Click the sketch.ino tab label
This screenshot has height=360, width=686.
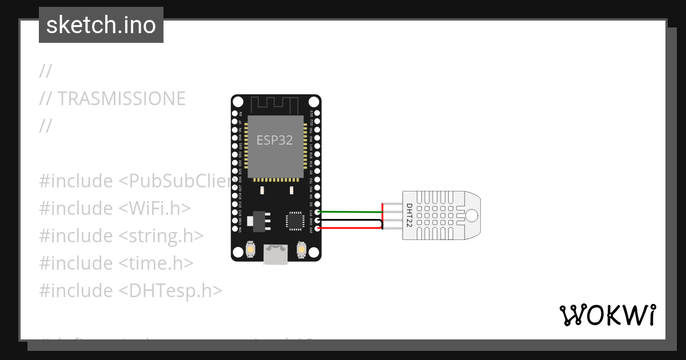click(101, 25)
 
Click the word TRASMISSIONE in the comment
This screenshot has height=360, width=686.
click(121, 99)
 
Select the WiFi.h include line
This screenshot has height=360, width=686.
click(115, 208)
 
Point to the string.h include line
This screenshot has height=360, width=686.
click(121, 235)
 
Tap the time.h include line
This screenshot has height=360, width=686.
click(116, 263)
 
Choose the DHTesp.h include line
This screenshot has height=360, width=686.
click(130, 290)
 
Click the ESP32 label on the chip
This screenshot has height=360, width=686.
click(274, 140)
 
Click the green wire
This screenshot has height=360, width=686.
click(349, 212)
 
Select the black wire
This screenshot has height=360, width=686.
click(349, 220)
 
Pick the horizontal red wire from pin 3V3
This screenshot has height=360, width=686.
click(349, 229)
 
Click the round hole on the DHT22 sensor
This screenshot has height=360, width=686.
click(472, 215)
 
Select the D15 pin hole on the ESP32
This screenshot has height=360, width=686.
click(317, 212)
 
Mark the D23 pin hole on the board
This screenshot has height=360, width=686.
click(317, 114)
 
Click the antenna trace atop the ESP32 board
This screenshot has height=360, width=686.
click(276, 105)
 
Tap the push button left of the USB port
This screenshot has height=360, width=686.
click(250, 250)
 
